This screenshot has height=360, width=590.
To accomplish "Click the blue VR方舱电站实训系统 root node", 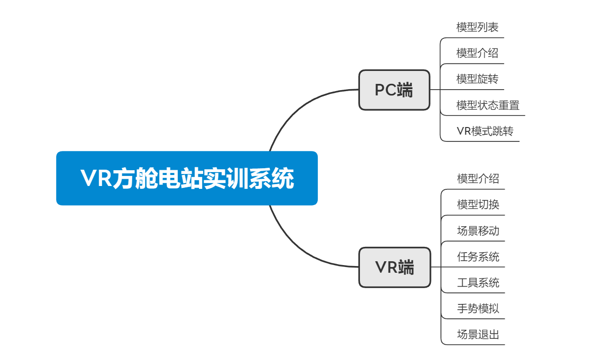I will (187, 178).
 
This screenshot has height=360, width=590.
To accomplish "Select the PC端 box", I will (394, 90).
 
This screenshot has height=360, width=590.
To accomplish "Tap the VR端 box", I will (394, 267).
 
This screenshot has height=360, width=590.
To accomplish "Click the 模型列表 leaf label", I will (477, 27).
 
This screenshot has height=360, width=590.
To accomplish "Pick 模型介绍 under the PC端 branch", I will (477, 53).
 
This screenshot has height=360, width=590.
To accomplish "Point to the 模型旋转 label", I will (477, 79).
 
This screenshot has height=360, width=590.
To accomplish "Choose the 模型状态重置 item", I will (488, 105).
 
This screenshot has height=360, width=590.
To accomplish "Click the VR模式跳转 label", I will (485, 131).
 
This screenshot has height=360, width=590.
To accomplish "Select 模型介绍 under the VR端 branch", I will (478, 179).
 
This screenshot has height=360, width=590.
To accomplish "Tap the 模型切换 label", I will (478, 205).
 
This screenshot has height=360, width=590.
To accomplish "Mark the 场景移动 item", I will (478, 231).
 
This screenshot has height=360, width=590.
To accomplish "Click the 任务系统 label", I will (478, 256).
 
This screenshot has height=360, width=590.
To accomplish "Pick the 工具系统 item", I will (478, 282).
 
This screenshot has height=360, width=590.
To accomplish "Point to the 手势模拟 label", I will (478, 308).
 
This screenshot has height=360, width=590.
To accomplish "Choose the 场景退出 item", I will (478, 334).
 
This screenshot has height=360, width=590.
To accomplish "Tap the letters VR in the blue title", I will (96, 178).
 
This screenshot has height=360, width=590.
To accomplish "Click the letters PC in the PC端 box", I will (385, 90).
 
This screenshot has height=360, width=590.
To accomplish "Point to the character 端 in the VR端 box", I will (406, 267).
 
